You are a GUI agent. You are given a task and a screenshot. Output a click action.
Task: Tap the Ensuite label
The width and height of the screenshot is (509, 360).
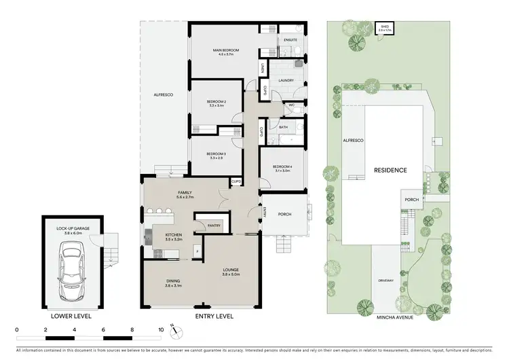(x=290, y=40)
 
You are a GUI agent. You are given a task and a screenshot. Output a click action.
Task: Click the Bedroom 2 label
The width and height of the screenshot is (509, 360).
(x=216, y=103)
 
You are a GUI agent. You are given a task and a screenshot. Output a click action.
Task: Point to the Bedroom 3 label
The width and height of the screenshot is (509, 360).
(x=216, y=156)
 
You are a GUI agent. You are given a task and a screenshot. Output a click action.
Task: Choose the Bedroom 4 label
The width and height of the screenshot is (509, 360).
(x=282, y=168)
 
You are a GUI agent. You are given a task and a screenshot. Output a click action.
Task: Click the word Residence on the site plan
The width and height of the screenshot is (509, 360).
(x=390, y=170)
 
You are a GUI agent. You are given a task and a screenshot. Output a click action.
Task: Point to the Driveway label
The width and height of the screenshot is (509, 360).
(x=385, y=281)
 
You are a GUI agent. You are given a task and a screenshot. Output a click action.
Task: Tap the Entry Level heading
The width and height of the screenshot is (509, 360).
(x=214, y=317)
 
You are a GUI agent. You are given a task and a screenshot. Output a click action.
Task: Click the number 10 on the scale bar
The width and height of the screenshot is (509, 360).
(x=161, y=329)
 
